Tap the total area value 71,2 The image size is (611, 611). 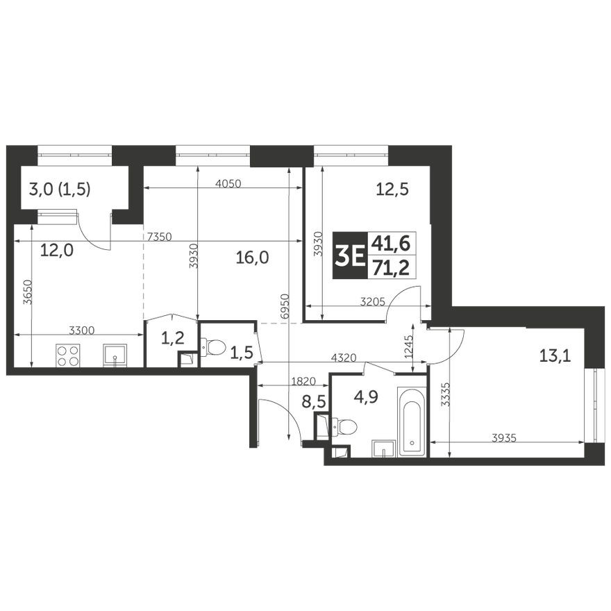point(390,268)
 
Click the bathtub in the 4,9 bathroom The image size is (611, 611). point(412,421)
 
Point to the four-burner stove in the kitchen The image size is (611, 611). point(68,355)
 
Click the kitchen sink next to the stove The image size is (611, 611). point(115,355)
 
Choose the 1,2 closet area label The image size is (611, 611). point(171,338)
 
